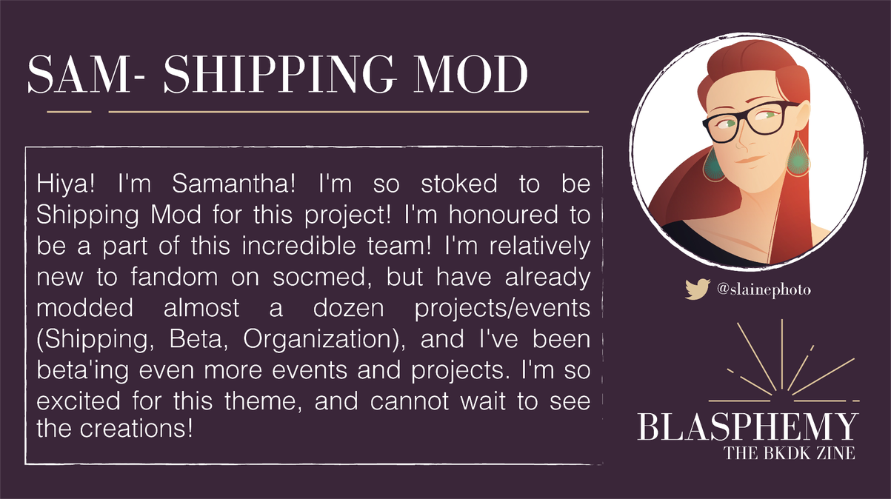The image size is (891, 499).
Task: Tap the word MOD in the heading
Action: coord(470,74)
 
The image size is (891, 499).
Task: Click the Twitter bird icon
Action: coord(697,289)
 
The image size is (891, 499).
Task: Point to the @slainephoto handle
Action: coord(764,289)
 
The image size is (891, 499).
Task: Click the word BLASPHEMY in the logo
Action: coord(747,426)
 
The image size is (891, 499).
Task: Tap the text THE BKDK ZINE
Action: coord(790,453)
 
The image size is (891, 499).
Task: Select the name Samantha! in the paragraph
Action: coord(233,184)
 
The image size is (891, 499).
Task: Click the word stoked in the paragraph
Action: coord(459,184)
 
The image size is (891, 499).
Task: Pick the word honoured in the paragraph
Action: coord(504,215)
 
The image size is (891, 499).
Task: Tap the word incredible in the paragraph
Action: coord(298,246)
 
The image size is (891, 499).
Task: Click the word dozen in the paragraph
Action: coord(348,308)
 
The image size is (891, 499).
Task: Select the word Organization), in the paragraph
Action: coord(324,340)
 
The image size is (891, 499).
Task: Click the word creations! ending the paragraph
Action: coord(136,429)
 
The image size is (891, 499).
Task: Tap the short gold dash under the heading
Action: coord(69,112)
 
